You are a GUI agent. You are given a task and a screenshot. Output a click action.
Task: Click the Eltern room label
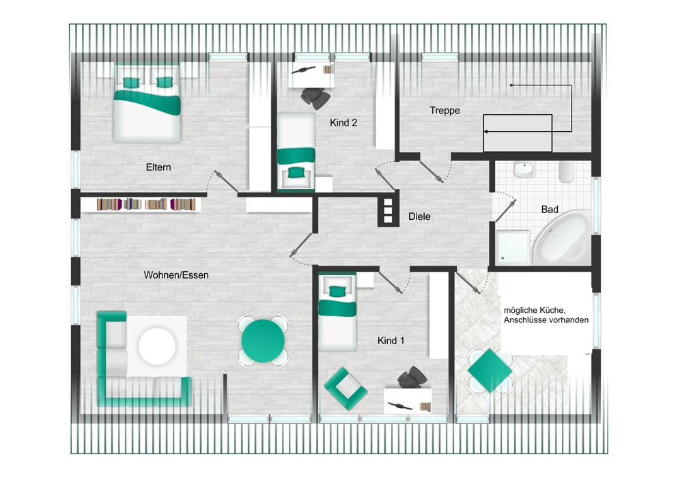(158, 167)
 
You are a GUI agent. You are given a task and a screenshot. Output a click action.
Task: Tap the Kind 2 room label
(343, 123)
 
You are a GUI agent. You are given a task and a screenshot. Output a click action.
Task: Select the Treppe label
(445, 111)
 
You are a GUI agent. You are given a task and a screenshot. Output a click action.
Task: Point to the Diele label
(419, 216)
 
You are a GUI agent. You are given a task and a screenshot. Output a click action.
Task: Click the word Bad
(550, 210)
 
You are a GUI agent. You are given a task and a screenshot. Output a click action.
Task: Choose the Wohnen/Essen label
(176, 275)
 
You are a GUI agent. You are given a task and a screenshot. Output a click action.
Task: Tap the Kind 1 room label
(391, 341)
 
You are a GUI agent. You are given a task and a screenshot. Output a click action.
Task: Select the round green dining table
(263, 341)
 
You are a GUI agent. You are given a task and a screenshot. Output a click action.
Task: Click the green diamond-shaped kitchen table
(490, 370)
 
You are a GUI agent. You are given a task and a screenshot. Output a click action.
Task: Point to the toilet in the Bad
(565, 171)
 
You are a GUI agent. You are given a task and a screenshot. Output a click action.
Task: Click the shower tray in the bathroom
(512, 247)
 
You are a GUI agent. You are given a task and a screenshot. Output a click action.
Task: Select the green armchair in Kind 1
(346, 389)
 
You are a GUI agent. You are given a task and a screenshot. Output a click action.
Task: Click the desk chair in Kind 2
(316, 98)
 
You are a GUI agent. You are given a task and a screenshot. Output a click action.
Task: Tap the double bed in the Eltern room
(147, 103)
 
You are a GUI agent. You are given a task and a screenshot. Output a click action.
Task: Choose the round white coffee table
(157, 346)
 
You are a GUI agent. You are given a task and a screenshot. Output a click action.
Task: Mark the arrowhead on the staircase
(485, 132)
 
